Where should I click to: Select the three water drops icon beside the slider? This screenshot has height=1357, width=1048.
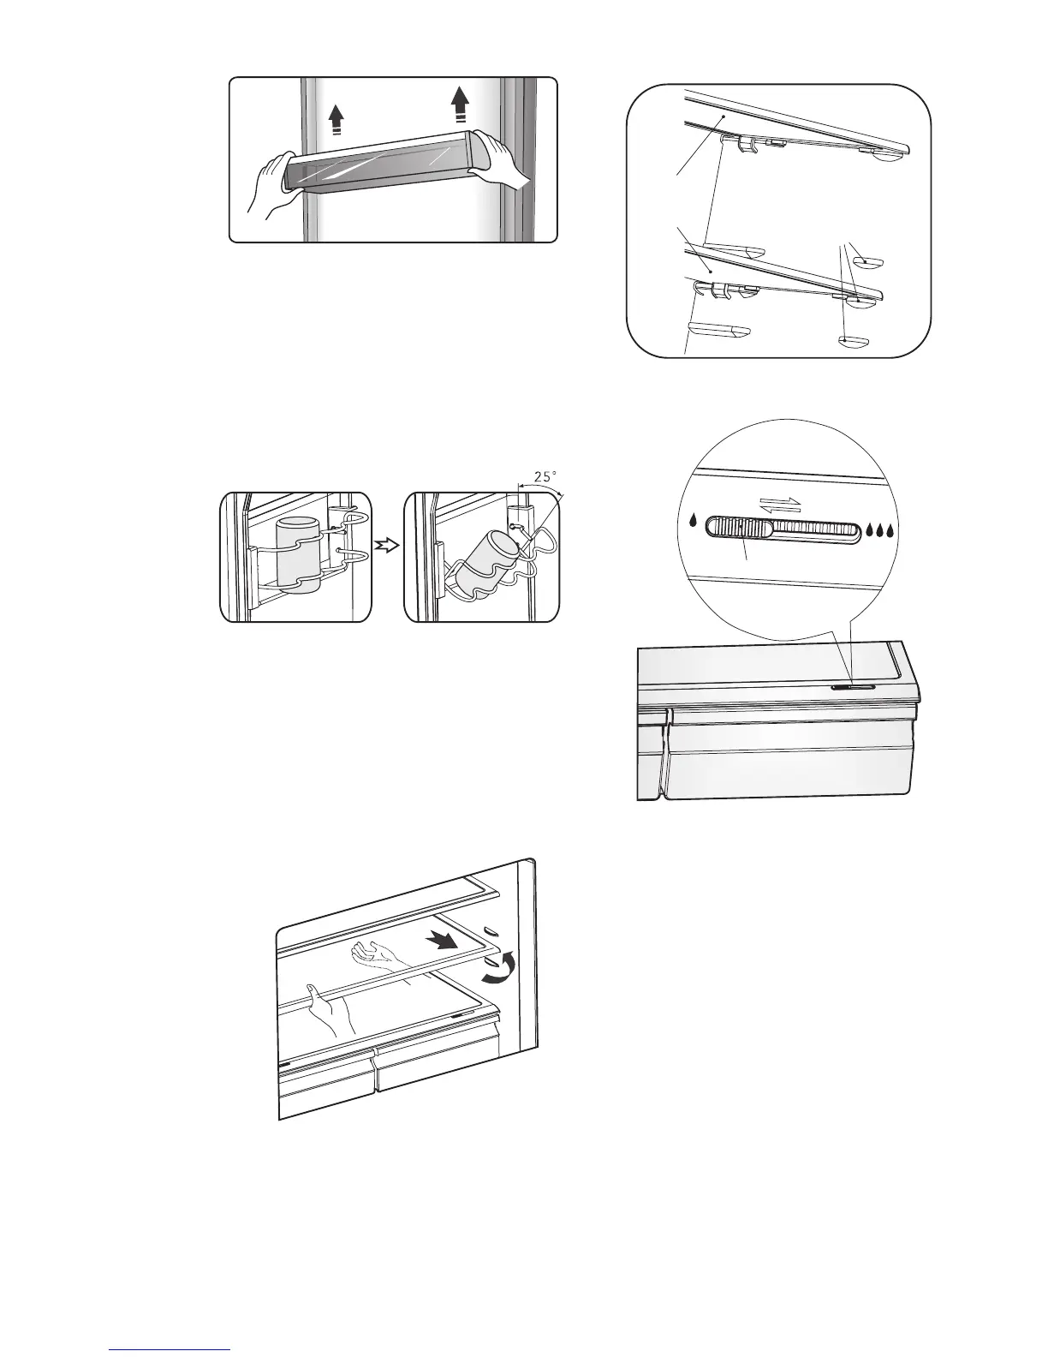[884, 530]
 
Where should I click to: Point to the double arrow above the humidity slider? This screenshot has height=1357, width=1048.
[779, 505]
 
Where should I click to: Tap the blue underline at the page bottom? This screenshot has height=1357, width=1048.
[170, 1350]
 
